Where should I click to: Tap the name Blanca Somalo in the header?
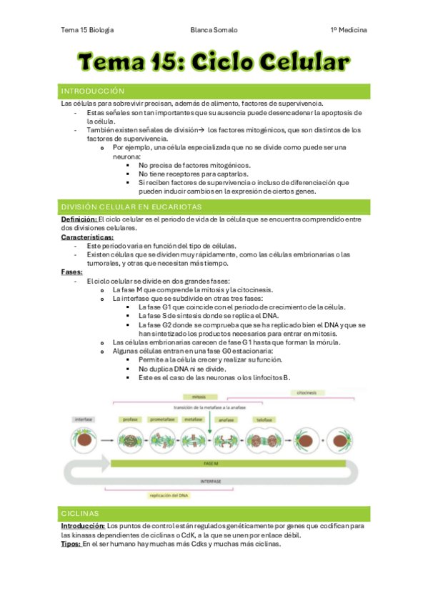(214, 30)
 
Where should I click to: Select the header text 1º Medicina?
(349, 30)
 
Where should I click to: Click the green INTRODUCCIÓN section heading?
(94, 91)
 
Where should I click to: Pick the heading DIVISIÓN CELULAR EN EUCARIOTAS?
(131, 207)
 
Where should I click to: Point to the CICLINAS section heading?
(80, 513)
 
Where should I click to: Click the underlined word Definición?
(79, 219)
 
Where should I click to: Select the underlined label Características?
(87, 237)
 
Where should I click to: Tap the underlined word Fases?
(71, 272)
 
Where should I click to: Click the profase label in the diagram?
(130, 419)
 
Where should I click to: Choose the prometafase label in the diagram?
(162, 419)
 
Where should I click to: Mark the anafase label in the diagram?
(227, 419)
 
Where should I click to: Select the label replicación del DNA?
(167, 495)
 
